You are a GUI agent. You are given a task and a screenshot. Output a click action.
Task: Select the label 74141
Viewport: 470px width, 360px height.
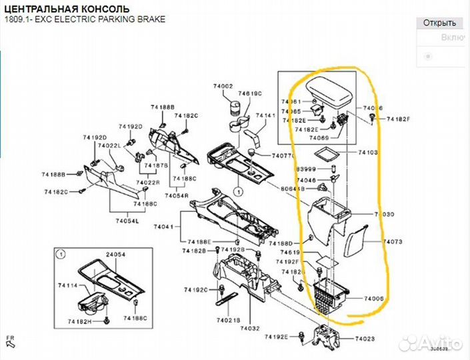pos(266,116)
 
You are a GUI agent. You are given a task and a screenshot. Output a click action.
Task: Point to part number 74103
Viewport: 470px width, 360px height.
pos(367,153)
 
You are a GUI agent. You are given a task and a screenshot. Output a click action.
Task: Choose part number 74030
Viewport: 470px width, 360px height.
pos(384,215)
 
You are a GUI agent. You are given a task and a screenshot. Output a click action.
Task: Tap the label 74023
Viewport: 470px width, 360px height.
pos(365,339)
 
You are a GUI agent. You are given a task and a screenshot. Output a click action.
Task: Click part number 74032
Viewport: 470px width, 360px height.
pos(250,329)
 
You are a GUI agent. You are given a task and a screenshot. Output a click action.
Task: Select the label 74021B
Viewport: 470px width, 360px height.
pos(227,321)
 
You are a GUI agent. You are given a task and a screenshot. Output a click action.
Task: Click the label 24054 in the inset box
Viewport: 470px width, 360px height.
pos(116,255)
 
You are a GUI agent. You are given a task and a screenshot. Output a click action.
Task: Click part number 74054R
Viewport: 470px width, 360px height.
pos(177,195)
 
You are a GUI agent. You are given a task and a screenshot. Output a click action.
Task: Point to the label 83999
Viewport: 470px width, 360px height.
pos(306,169)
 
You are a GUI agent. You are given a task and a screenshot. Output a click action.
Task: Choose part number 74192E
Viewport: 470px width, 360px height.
pos(276,337)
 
